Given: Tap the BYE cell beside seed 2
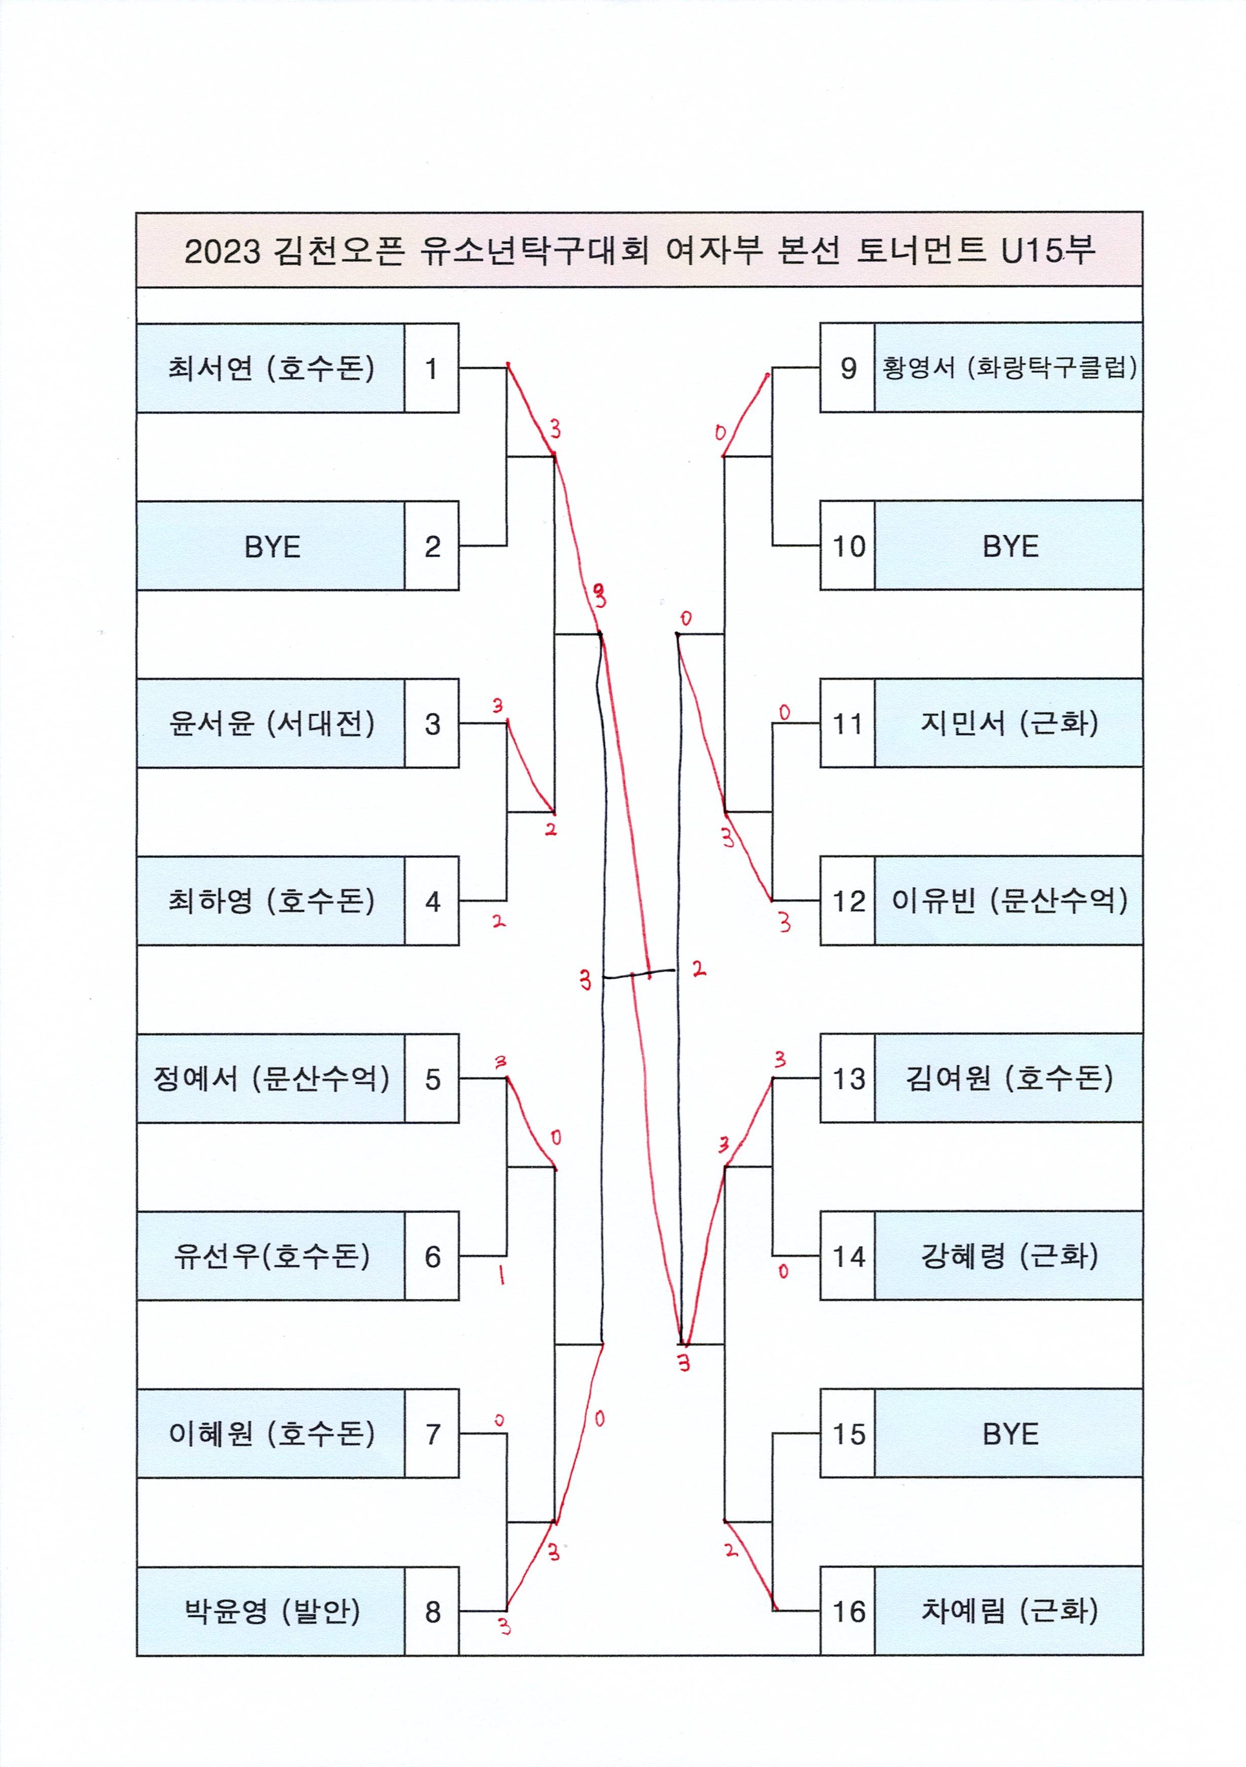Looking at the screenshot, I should pyautogui.click(x=271, y=546).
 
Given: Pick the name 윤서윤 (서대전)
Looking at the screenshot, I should pyautogui.click(x=271, y=723).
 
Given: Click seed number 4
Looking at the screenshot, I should pyautogui.click(x=432, y=901).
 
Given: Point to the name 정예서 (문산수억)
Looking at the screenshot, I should pyautogui.click(x=271, y=1078).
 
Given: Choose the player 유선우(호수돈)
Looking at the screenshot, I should pyautogui.click(x=271, y=1256).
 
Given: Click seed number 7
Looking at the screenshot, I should pyautogui.click(x=432, y=1434).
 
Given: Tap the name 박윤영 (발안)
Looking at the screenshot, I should pyautogui.click(x=271, y=1611).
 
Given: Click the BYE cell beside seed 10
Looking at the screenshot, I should pyautogui.click(x=1008, y=546).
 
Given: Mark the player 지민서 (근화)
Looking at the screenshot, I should pyautogui.click(x=1008, y=723).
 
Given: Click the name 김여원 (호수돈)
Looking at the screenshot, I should pyautogui.click(x=1008, y=1078).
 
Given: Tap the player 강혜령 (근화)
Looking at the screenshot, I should pyautogui.click(x=1008, y=1256).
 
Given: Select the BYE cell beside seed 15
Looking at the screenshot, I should pyautogui.click(x=1008, y=1434).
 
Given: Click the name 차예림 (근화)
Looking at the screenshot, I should pyautogui.click(x=1008, y=1611).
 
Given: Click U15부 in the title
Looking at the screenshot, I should pyautogui.click(x=1048, y=250).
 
